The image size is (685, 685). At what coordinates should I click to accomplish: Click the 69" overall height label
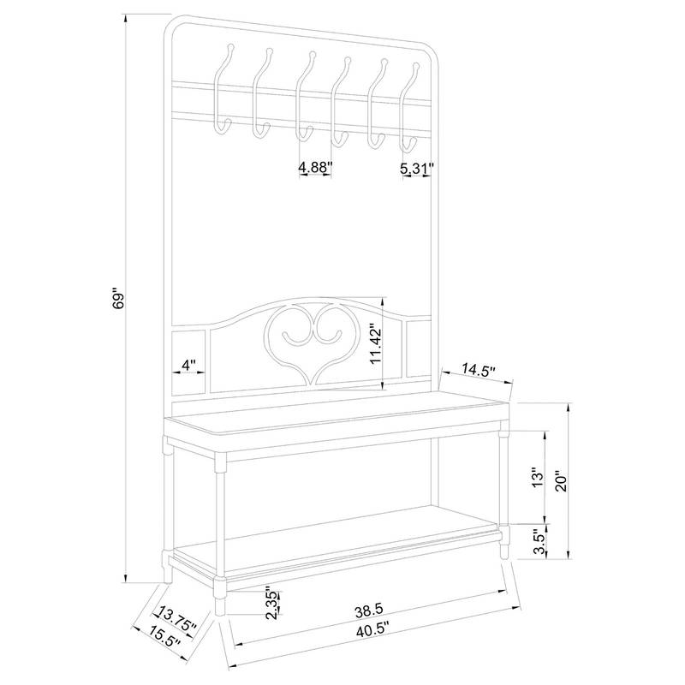(118, 299)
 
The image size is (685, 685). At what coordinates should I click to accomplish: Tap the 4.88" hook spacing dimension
(315, 167)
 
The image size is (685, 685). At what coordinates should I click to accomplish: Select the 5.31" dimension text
(417, 168)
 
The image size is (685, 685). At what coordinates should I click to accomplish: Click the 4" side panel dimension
(188, 365)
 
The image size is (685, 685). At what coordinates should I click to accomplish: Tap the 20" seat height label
(562, 481)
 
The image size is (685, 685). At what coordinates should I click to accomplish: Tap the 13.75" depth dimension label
(177, 618)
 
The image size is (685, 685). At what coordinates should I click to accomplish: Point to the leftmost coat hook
(224, 89)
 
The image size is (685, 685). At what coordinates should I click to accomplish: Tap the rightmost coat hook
(409, 108)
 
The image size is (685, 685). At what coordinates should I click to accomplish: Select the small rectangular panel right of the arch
(419, 348)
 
